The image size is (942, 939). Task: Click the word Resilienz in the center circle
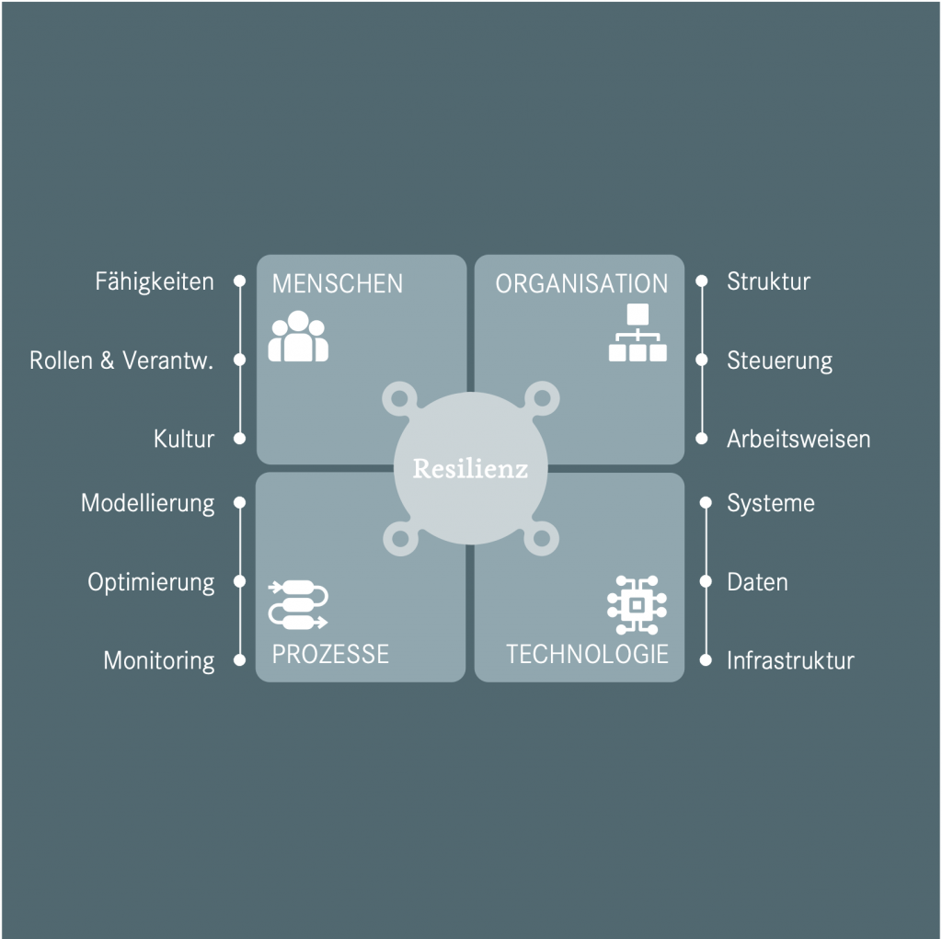[x=470, y=469]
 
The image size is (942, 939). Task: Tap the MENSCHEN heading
[x=338, y=283]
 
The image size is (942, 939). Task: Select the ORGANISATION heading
[x=581, y=283]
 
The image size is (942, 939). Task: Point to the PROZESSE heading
[x=330, y=654]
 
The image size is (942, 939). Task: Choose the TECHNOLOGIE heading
[x=587, y=654]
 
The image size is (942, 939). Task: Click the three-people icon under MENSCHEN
[x=298, y=337]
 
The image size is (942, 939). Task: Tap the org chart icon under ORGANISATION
[x=638, y=332]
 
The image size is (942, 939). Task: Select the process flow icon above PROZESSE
[x=297, y=604]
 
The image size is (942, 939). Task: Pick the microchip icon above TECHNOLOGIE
[x=637, y=604]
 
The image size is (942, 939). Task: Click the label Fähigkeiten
[x=155, y=281]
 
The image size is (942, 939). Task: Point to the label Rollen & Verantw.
[x=121, y=361]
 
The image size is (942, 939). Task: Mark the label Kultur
[x=184, y=439]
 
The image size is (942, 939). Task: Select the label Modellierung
[x=148, y=503]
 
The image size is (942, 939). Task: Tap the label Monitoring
[x=159, y=660]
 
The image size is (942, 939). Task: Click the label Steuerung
[x=779, y=361]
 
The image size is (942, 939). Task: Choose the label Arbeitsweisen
[x=798, y=439]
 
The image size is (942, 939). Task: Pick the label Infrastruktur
[x=790, y=660]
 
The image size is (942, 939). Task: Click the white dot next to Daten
[x=706, y=581]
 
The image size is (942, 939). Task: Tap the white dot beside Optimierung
[x=239, y=581]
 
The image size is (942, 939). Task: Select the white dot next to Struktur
[x=702, y=281]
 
